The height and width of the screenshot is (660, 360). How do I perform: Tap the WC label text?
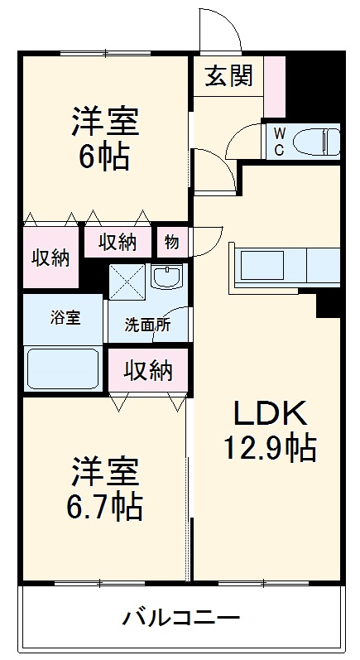279,141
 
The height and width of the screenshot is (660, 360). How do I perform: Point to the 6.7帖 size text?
104,504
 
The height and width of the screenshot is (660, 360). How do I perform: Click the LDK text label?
267,412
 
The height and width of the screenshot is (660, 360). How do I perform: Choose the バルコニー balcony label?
181,618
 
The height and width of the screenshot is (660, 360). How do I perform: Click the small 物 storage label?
172,243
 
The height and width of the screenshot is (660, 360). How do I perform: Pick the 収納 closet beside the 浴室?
50,258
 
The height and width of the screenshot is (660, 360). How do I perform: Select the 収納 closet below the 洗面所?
148,371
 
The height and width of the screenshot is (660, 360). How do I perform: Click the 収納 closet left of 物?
118,243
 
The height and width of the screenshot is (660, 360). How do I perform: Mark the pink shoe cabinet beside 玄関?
275,86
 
